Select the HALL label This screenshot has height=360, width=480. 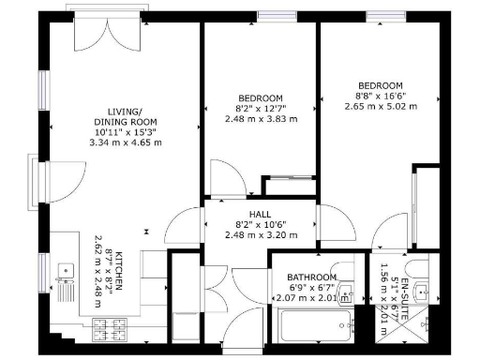[261, 215]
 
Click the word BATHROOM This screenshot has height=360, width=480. [305, 277]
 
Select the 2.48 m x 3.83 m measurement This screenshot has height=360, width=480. [261, 119]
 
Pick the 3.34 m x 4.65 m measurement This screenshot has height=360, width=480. [125, 143]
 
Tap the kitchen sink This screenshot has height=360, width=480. [66, 273]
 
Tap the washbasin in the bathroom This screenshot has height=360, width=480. [348, 291]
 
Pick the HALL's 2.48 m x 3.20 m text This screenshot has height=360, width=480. [261, 235]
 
